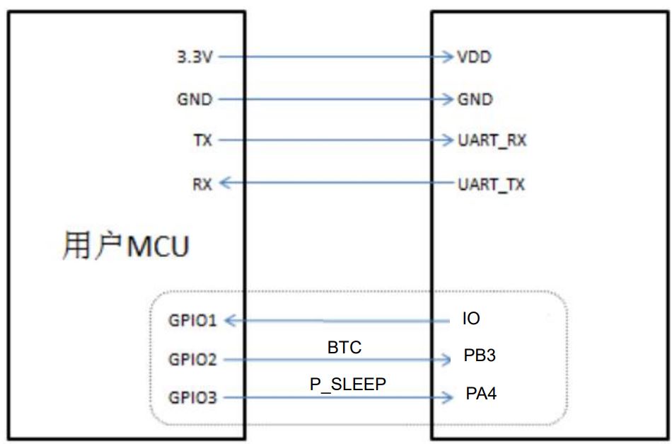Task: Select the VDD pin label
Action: [x=473, y=57]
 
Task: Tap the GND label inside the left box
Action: [x=195, y=99]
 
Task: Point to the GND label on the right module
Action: [x=475, y=99]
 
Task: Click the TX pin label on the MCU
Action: [x=203, y=140]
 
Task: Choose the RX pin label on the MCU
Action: [x=202, y=184]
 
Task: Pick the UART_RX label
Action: [x=492, y=141]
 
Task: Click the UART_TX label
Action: [x=492, y=185]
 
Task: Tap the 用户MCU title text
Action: [x=125, y=247]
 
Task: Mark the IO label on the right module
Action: [x=470, y=319]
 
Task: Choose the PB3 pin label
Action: [x=480, y=355]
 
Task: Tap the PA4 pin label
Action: [x=480, y=393]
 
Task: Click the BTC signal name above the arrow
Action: [x=344, y=348]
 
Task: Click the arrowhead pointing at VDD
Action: [x=446, y=57]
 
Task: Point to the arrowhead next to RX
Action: [x=225, y=184]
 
